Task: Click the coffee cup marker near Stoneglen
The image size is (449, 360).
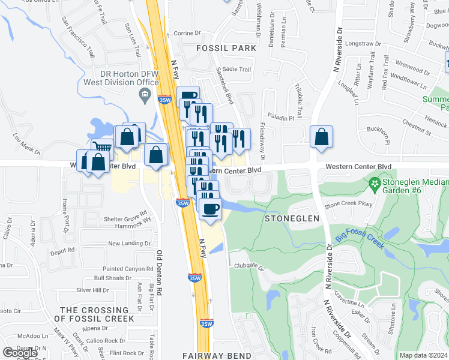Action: pos(210,209)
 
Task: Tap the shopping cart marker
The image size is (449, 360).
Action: pos(103,146)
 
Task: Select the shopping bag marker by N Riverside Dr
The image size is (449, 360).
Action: pos(322,136)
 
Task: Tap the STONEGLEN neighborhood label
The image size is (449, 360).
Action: pos(292,218)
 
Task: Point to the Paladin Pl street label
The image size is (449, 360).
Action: pos(281,118)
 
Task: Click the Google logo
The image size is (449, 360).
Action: pos(20,352)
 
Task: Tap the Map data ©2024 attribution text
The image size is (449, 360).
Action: pos(423,355)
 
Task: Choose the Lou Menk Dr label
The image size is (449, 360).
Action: pos(26,143)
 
